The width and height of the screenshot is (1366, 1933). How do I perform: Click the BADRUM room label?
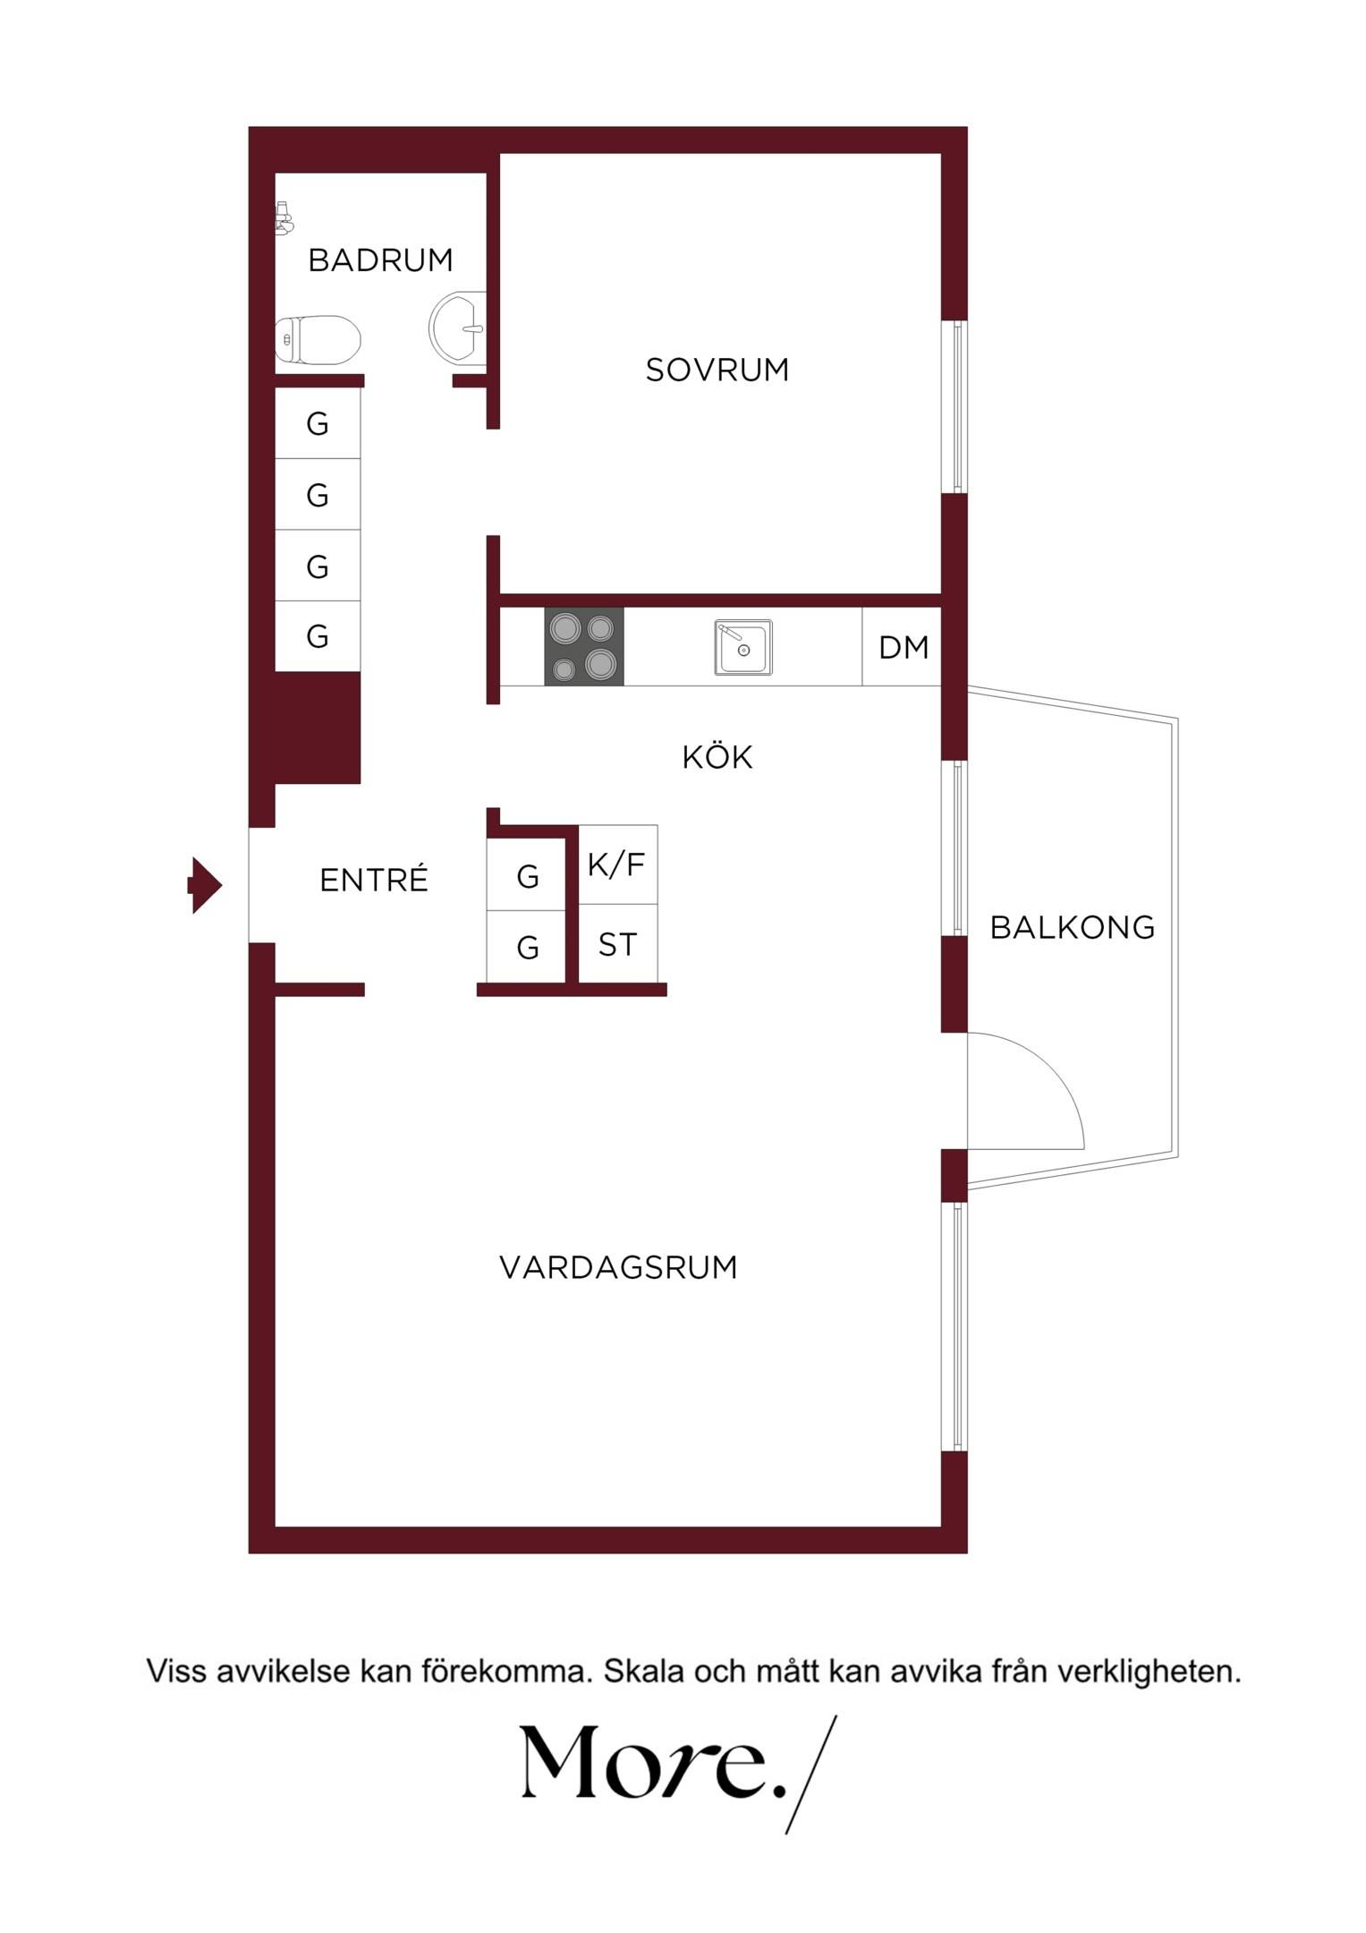point(380,260)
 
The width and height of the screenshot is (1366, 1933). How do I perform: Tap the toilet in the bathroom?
point(318,340)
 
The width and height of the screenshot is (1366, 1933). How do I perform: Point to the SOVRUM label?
point(717,370)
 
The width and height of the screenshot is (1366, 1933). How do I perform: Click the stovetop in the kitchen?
point(584,647)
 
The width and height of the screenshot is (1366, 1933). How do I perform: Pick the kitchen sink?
point(743,647)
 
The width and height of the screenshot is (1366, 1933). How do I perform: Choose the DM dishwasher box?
point(902,647)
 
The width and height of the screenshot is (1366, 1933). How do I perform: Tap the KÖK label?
point(717,757)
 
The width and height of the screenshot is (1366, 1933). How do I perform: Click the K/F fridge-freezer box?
point(618,864)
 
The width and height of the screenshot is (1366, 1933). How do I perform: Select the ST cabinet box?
point(618,943)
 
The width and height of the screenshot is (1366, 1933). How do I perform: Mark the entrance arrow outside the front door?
point(205,885)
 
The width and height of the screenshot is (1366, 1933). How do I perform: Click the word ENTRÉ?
point(374,880)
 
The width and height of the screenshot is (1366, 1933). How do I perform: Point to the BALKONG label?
point(1073,927)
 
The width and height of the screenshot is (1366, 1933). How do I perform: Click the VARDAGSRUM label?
point(618,1267)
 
